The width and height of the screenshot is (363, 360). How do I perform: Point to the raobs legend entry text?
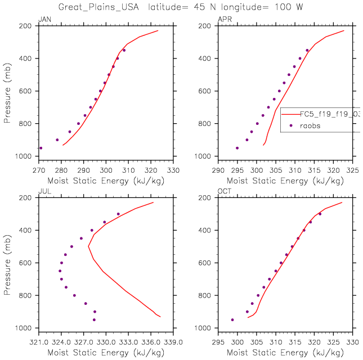309,126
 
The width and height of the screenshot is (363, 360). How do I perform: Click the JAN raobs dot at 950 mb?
41,148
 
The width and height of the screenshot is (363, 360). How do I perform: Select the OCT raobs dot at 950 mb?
232,319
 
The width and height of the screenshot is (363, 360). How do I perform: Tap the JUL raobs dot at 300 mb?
118,214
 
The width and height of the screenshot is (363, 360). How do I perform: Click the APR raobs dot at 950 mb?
237,148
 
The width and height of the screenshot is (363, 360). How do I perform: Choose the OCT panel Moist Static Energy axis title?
285,352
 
